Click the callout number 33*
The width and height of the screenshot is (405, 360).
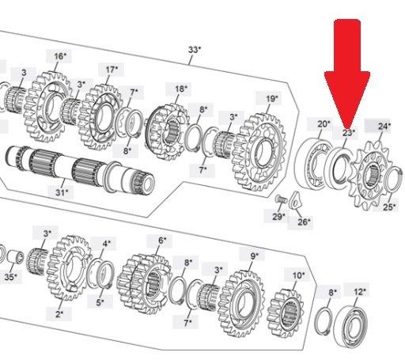(195, 50)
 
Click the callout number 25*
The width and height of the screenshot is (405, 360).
(389, 207)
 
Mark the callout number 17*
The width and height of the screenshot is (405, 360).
(112, 70)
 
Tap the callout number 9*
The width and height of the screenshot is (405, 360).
(254, 256)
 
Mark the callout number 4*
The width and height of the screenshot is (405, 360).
(107, 244)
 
